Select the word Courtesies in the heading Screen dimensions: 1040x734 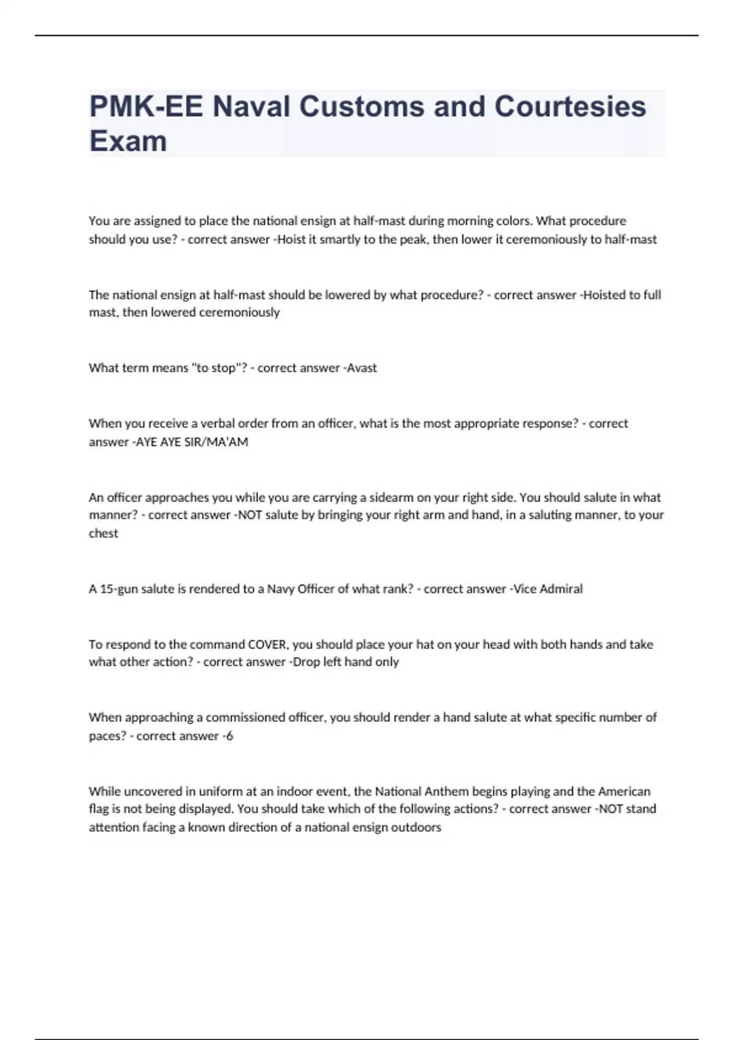570,106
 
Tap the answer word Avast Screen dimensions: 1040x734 361,368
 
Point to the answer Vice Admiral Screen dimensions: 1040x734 548,589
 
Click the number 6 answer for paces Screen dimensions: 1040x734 229,735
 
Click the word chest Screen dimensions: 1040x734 103,533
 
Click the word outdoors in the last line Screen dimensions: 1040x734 417,827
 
